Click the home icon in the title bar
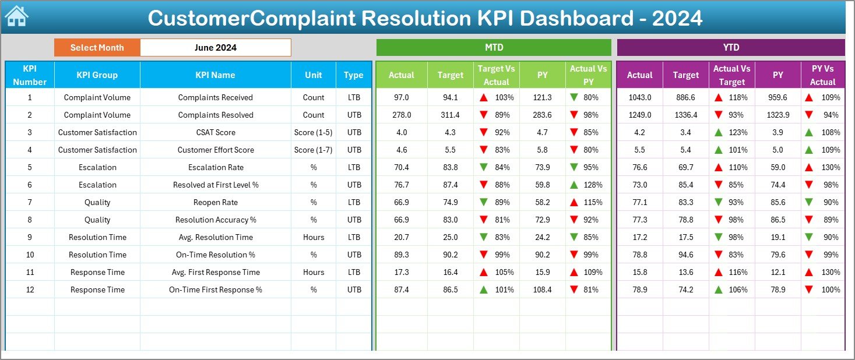[x=16, y=17]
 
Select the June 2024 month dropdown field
[x=216, y=48]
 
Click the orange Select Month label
[x=97, y=48]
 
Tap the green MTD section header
[x=494, y=48]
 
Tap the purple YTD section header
[x=730, y=48]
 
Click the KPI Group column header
[x=97, y=75]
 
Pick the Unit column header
[x=314, y=75]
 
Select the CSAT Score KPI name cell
[x=216, y=132]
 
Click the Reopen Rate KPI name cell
[x=216, y=202]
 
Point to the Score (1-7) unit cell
[x=314, y=150]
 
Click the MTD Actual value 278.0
[x=402, y=115]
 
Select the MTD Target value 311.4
[x=450, y=115]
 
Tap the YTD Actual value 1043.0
[x=639, y=97]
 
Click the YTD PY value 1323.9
[x=777, y=115]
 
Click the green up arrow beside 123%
[x=719, y=132]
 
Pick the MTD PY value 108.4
[x=542, y=290]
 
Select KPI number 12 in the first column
[x=30, y=290]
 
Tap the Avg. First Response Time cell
[x=216, y=272]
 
